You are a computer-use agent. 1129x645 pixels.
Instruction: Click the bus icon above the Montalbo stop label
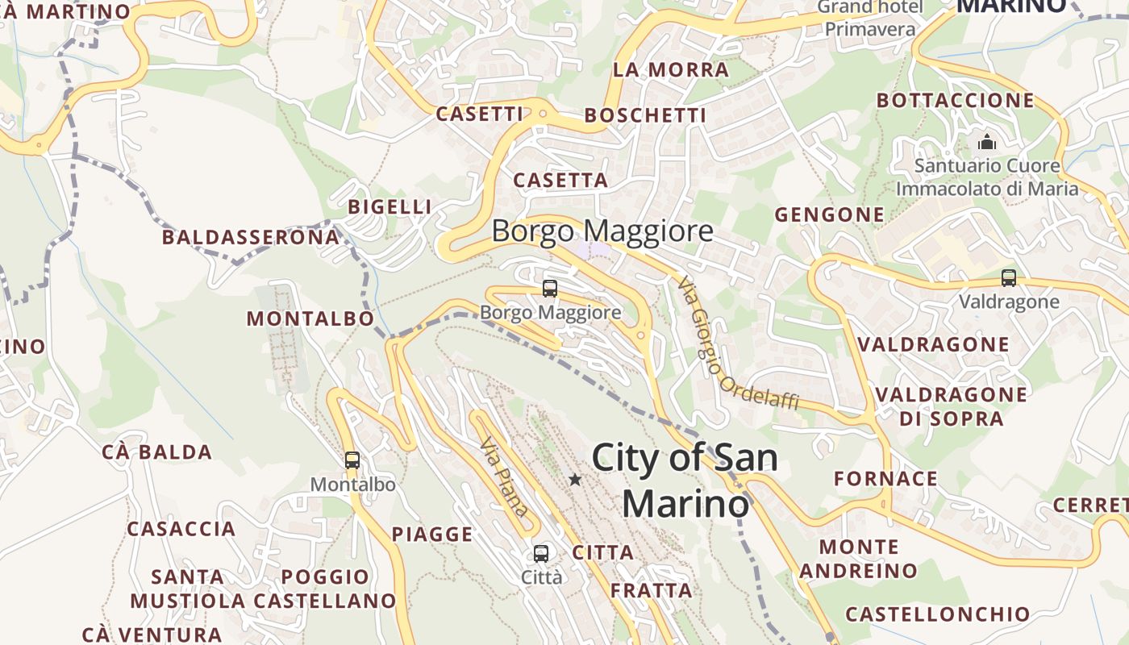coord(352,460)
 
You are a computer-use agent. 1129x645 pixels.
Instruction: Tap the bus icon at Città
coord(541,554)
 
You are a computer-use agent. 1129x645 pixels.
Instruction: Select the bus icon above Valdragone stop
coord(1008,278)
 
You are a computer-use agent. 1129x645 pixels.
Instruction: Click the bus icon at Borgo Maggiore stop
coord(550,288)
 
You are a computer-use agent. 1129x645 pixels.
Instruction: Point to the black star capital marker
coord(575,480)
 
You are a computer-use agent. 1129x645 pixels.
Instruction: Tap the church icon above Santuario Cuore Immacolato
coord(987,143)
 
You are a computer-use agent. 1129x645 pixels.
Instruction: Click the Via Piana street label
coord(504,476)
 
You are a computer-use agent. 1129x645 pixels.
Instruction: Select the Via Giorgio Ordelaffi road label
coord(737,343)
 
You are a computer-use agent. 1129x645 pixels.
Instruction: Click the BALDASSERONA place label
coord(251,237)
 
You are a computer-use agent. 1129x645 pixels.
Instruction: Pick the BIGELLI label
coord(390,207)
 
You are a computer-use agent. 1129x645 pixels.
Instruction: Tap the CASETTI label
coord(480,114)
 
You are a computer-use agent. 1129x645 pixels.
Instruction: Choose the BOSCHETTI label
coord(645,116)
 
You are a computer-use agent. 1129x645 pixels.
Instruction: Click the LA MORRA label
coord(671,70)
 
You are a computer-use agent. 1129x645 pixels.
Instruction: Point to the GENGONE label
coord(829,214)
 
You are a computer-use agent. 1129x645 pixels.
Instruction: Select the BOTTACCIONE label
coord(955,101)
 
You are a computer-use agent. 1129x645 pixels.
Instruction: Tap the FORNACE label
coord(885,479)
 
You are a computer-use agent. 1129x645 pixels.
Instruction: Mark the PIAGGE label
coord(432,534)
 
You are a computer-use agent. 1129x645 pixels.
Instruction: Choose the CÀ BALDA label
coord(157,452)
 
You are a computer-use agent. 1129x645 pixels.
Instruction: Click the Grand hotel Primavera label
coord(870,19)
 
